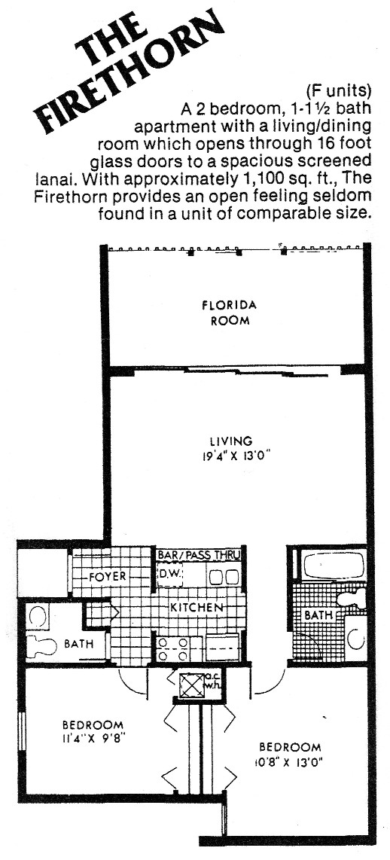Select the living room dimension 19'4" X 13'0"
click(231, 455)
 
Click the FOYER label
click(108, 576)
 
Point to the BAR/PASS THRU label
click(199, 555)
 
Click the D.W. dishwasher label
click(167, 575)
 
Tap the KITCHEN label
click(197, 608)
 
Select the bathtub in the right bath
click(334, 565)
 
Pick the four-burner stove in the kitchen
click(172, 648)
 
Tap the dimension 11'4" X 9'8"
click(93, 738)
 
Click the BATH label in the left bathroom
click(78, 644)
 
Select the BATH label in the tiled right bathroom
click(318, 615)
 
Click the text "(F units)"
click(339, 90)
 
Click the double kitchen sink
click(224, 576)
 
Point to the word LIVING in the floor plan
click(231, 441)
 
